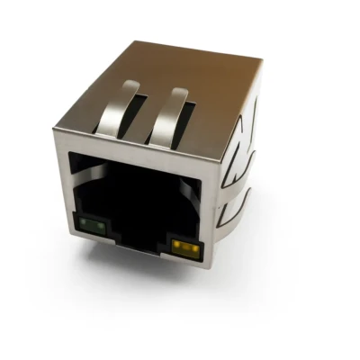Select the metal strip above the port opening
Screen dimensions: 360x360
click(x=135, y=148)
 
